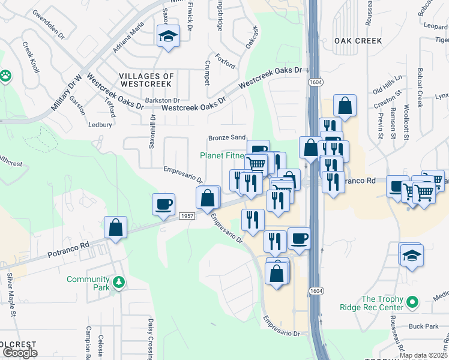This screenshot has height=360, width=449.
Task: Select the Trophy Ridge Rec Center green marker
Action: (412, 302)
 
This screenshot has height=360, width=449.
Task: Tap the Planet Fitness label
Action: (222, 155)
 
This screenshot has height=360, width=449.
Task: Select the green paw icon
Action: (5, 76)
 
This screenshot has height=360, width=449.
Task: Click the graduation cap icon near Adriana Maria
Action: (169, 37)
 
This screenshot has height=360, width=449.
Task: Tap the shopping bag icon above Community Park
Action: (115, 227)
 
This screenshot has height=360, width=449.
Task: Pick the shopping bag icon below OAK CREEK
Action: (346, 106)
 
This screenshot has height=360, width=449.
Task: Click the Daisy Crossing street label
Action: (151, 340)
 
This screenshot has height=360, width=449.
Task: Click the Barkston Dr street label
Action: (162, 100)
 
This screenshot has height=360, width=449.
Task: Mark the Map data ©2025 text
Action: (423, 355)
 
